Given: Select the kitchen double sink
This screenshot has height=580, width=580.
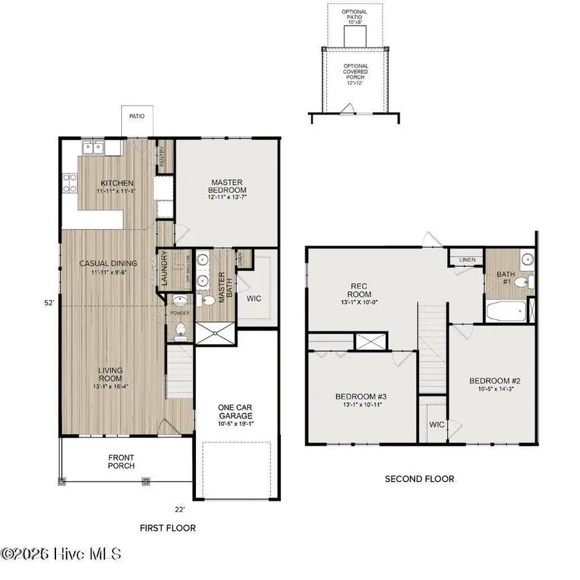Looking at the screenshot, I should pos(94,148).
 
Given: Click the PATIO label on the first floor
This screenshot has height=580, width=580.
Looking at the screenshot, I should pos(136,117).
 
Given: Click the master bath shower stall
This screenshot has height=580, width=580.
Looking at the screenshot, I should pos(215,333).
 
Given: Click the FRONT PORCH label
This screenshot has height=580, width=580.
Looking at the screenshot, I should pos(121,461).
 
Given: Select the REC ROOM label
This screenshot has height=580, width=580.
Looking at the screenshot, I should pos(358,291).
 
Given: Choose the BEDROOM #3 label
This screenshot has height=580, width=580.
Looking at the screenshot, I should pos(360,400).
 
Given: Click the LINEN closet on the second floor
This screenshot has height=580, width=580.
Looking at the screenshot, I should pos(467,260).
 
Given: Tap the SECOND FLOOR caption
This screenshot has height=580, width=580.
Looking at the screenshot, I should pos(419,479).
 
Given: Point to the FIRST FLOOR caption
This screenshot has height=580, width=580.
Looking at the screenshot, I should pos(168,528).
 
